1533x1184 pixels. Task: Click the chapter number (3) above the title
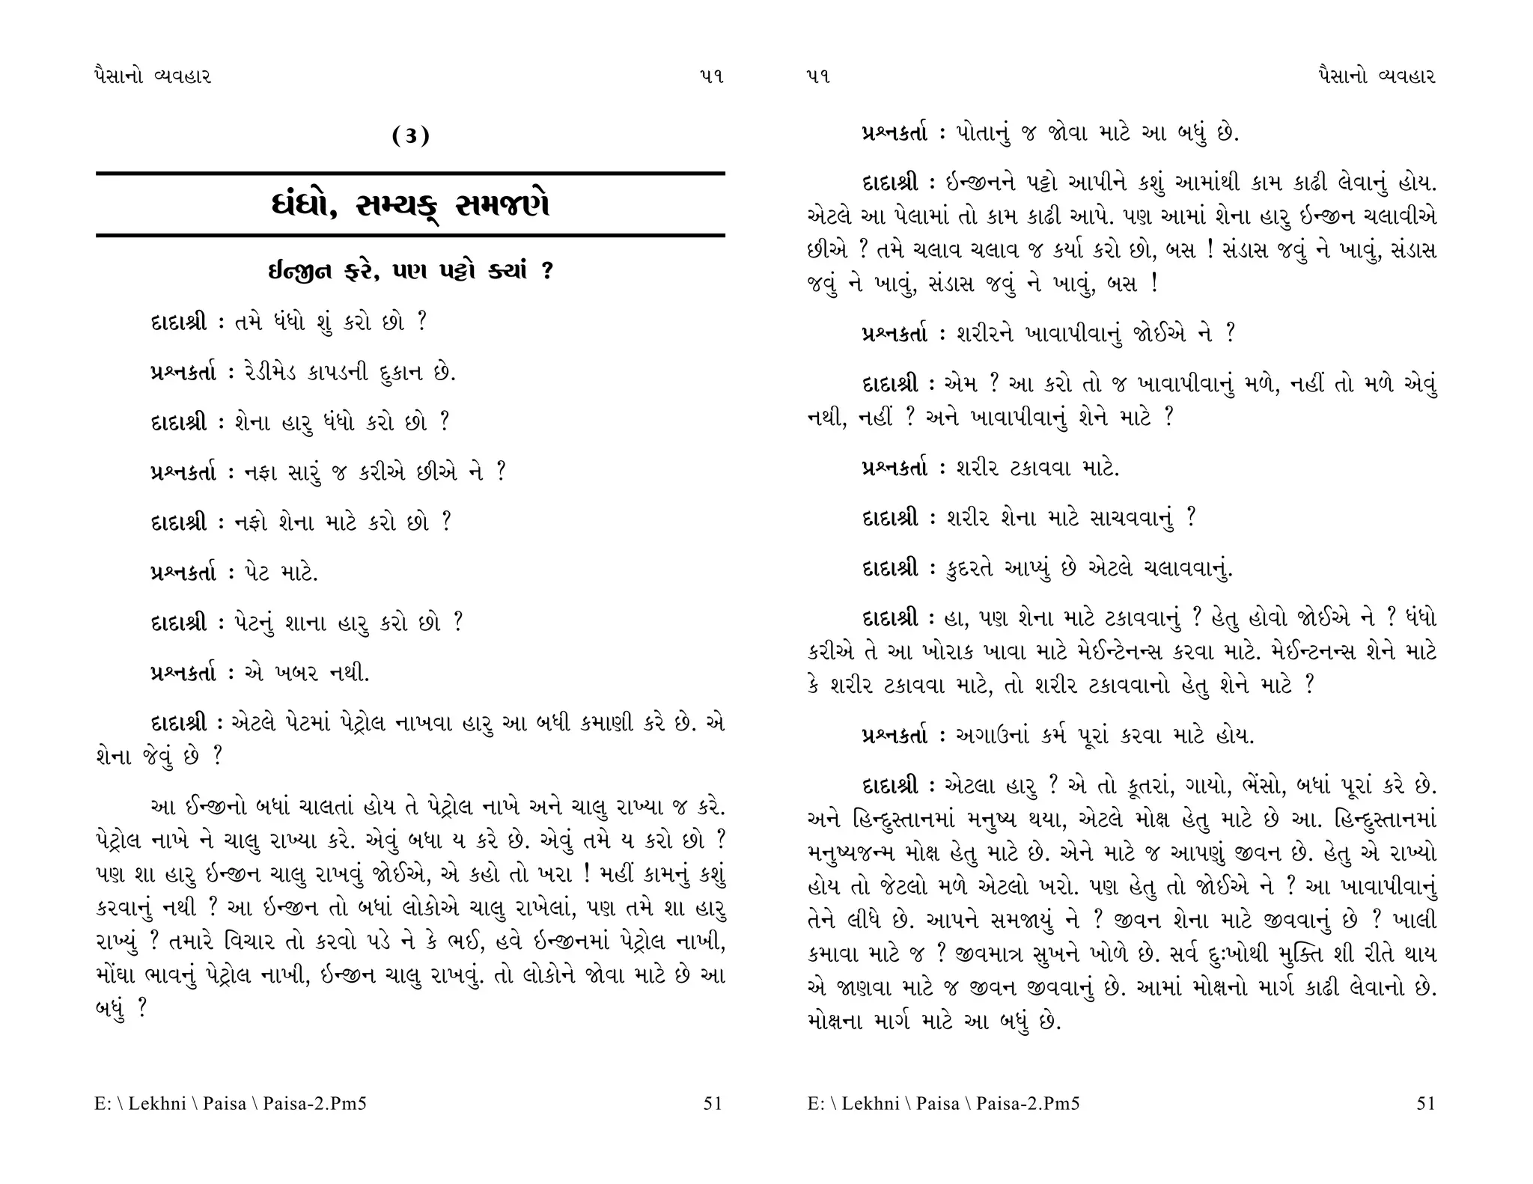pyautogui.click(x=411, y=136)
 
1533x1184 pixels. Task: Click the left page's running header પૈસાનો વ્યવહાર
pyautogui.click(x=154, y=76)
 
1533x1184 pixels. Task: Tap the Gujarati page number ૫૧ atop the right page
pyautogui.click(x=820, y=76)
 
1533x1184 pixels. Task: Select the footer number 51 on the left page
pyautogui.click(x=713, y=1103)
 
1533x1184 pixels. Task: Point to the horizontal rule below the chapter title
pyautogui.click(x=410, y=236)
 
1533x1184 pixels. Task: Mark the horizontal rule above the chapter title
pyautogui.click(x=410, y=174)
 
